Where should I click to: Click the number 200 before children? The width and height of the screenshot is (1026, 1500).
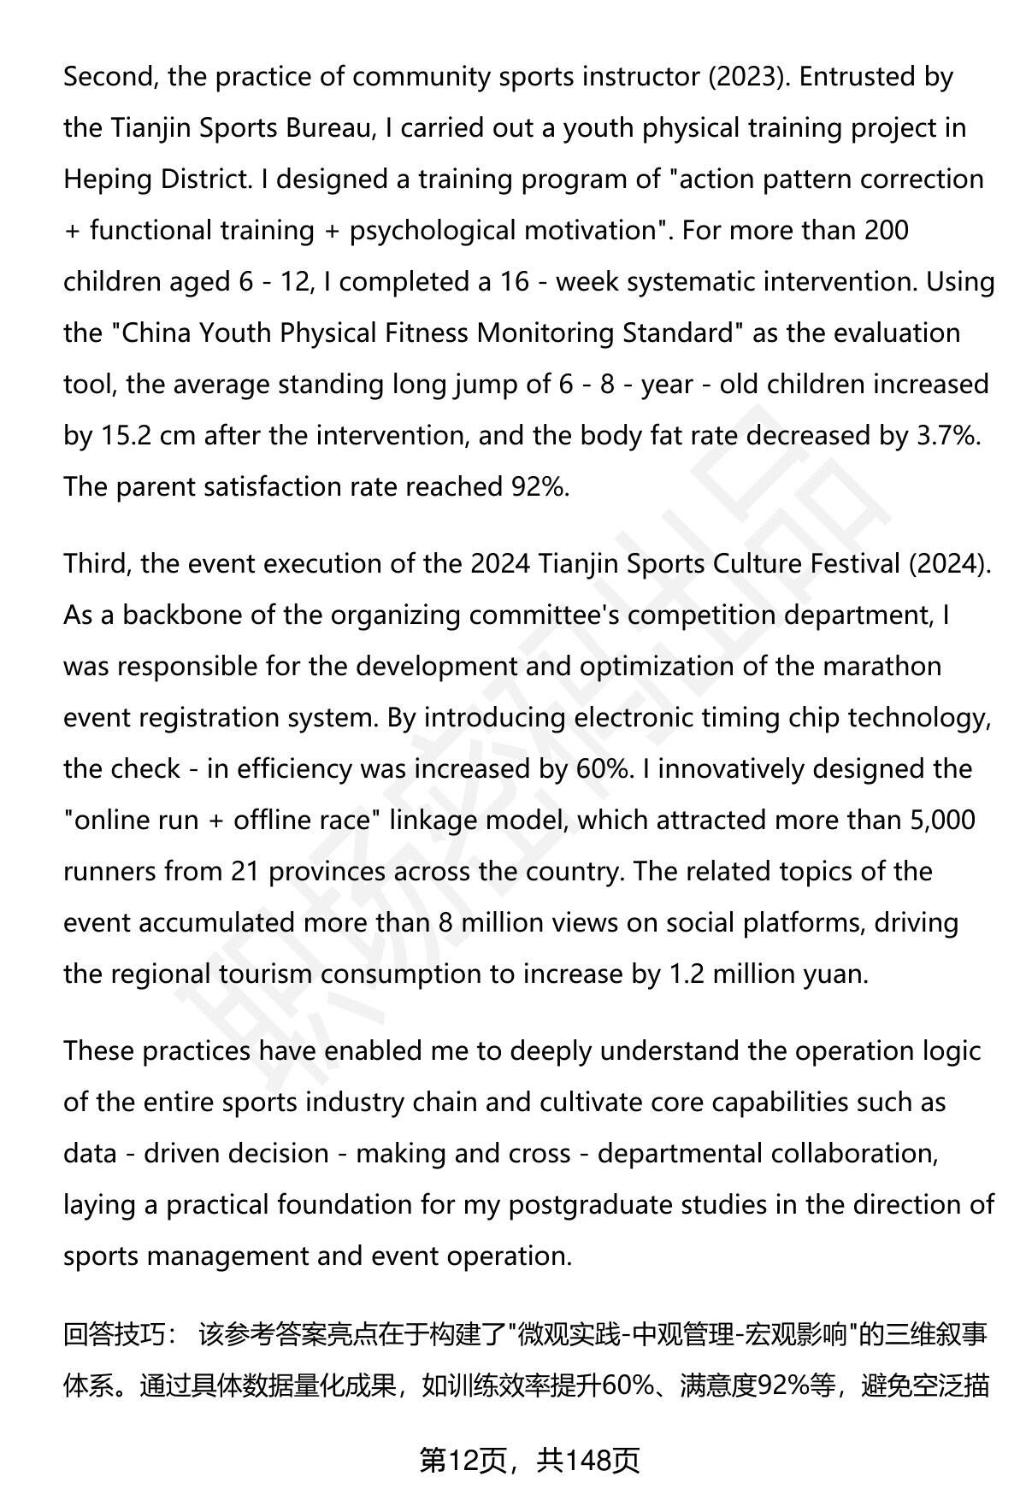click(x=886, y=231)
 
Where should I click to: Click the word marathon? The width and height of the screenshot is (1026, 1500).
click(x=882, y=667)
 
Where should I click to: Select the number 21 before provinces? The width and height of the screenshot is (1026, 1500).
click(x=245, y=872)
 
